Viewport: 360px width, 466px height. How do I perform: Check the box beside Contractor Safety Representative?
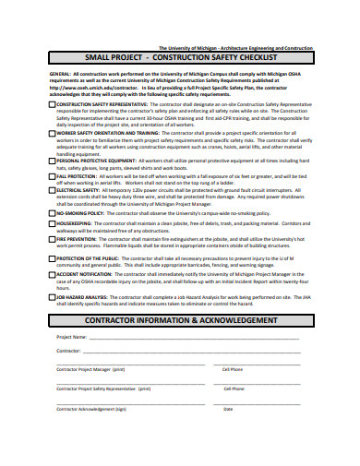(52, 105)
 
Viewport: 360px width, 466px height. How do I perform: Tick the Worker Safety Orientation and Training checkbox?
(52, 132)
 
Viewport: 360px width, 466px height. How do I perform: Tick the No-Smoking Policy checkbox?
(52, 212)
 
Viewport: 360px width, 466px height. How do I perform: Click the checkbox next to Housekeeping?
(52, 223)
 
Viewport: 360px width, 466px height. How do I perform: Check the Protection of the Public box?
(52, 258)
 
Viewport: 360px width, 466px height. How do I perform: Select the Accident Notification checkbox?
(52, 274)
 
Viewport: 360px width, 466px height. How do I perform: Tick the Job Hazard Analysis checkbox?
(52, 296)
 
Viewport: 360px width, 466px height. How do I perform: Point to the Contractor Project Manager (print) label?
(91, 368)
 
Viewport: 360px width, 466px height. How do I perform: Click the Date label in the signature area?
(228, 408)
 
